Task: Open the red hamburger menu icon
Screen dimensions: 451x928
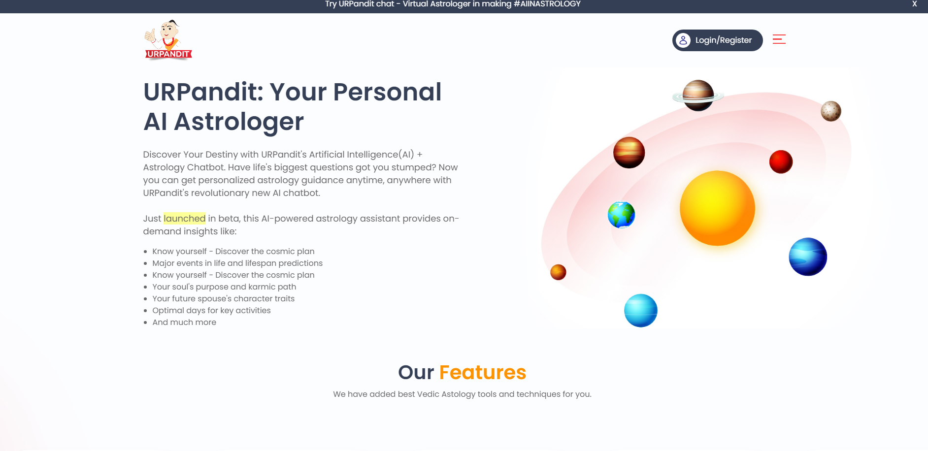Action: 779,39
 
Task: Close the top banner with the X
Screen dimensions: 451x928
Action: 914,4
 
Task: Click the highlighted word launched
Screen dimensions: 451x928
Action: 184,219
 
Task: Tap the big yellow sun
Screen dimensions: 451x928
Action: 717,208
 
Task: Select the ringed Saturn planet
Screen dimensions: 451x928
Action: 698,96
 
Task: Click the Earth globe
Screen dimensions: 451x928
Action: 621,215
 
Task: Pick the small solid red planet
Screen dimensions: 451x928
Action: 781,162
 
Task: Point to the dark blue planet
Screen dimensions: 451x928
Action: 808,257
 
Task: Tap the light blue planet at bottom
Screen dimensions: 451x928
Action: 640,311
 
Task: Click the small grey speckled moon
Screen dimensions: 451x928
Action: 830,111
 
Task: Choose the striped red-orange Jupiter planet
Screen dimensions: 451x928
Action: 629,153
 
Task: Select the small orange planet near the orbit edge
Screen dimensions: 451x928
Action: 558,272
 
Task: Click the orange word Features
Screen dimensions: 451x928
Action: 482,373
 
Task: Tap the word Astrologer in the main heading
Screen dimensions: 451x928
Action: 238,122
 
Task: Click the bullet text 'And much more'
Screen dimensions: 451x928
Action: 184,322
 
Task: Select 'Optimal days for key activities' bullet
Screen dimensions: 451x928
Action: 211,311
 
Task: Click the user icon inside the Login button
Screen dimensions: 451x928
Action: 683,40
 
